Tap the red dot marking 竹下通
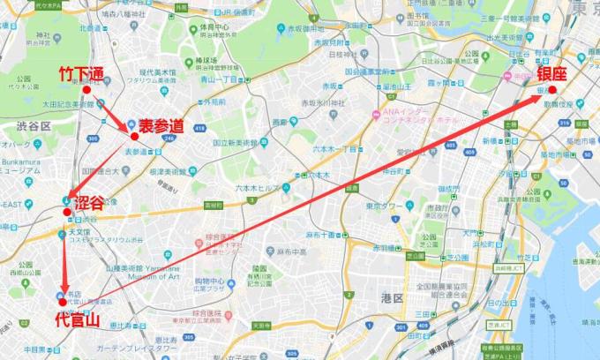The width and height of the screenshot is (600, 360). pyautogui.click(x=86, y=90)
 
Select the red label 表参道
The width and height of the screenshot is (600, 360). pyautogui.click(x=161, y=126)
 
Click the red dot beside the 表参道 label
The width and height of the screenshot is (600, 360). pyautogui.click(x=134, y=137)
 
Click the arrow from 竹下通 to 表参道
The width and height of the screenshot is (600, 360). pyautogui.click(x=110, y=114)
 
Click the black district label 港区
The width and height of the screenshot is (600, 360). pyautogui.click(x=391, y=298)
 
